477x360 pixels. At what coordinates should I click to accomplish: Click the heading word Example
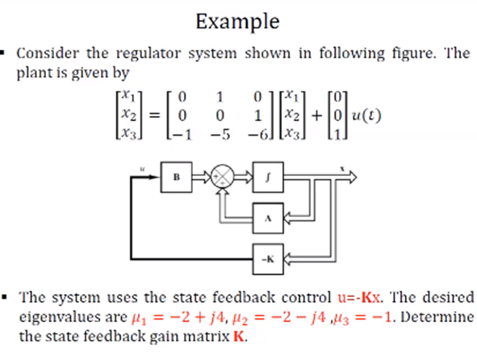pos(238,20)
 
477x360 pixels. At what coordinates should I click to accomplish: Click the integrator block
pos(269,174)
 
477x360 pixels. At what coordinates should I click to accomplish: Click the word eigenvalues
pos(52,316)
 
